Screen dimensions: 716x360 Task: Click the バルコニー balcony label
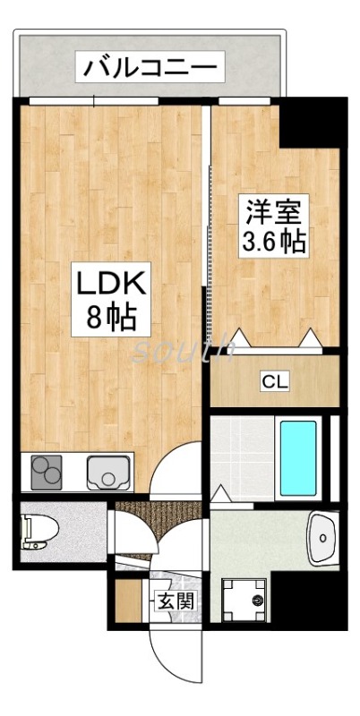tap(150, 66)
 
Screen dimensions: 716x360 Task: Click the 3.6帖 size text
tap(275, 243)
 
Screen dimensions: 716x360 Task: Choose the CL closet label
tap(274, 383)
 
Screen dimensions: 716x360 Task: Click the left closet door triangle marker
tap(240, 339)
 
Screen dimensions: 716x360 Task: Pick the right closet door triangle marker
tap(311, 338)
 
